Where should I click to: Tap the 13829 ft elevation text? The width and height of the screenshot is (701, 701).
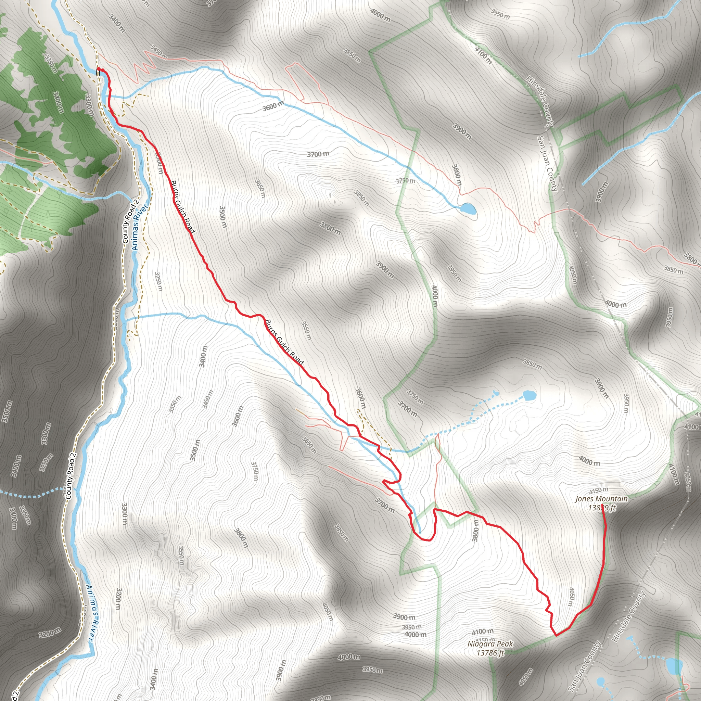pyautogui.click(x=602, y=508)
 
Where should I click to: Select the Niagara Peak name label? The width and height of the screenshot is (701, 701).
pyautogui.click(x=490, y=644)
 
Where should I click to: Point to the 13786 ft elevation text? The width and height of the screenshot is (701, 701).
pyautogui.click(x=490, y=653)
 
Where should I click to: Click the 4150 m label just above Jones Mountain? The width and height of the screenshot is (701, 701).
pyautogui.click(x=598, y=490)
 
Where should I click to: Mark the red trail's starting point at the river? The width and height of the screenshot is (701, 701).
pyautogui.click(x=99, y=69)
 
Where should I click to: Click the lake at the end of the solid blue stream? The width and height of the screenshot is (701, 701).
pyautogui.click(x=467, y=209)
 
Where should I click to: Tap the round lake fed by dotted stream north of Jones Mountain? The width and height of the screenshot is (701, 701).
pyautogui.click(x=528, y=395)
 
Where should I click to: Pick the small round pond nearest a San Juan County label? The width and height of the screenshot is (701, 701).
pyautogui.click(x=600, y=681)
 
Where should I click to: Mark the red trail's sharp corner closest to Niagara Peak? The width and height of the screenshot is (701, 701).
pyautogui.click(x=556, y=635)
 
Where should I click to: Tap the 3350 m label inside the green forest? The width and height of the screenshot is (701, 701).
pyautogui.click(x=50, y=64)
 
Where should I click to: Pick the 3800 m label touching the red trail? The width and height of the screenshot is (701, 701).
pyautogui.click(x=476, y=530)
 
